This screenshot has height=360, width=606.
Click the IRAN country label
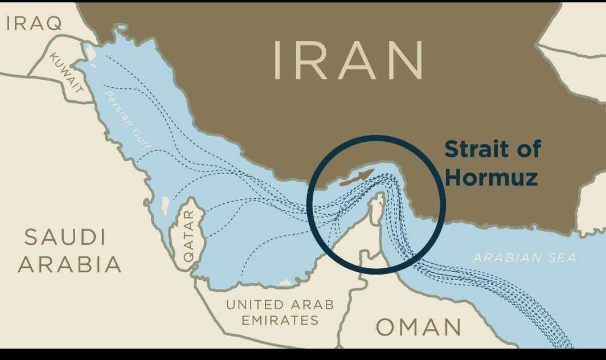click(x=349, y=60)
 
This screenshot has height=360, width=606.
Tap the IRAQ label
click(x=34, y=23)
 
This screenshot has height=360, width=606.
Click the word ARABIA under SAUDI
click(x=69, y=264)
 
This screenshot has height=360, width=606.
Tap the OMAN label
click(x=419, y=328)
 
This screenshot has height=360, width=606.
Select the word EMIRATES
click(x=280, y=321)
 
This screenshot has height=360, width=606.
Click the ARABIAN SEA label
click(x=524, y=258)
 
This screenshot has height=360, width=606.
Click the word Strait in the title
click(x=474, y=150)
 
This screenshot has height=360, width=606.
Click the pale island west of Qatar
click(x=165, y=203)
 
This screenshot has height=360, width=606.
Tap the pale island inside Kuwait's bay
click(x=90, y=52)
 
